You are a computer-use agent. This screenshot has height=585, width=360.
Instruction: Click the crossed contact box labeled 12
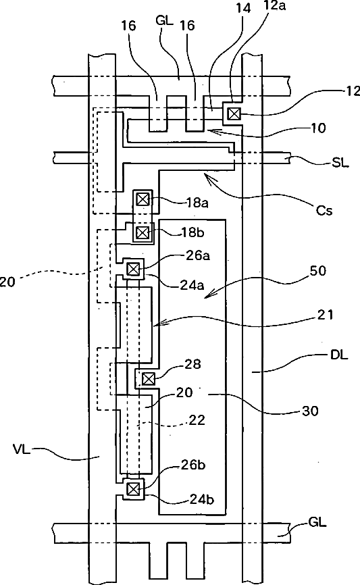(x=234, y=113)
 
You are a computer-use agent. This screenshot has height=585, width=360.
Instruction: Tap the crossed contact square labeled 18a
(x=143, y=199)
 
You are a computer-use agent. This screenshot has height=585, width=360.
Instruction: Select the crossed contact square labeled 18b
(x=142, y=233)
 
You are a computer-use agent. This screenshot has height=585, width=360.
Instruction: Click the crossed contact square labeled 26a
(x=133, y=269)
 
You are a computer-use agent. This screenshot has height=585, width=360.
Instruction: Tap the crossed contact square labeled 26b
(x=133, y=488)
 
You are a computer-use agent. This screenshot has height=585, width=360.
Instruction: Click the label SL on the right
(x=340, y=163)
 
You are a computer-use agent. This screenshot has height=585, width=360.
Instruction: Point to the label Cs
(x=324, y=210)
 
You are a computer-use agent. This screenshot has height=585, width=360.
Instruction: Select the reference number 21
(x=325, y=315)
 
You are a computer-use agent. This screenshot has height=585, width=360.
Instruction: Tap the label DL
(x=339, y=355)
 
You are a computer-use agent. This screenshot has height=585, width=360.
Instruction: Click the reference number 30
(x=309, y=411)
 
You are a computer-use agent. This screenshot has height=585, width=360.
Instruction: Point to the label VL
(x=21, y=449)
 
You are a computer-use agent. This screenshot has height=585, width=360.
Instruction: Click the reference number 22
(x=197, y=420)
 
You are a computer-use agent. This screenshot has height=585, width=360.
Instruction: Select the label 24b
(x=202, y=499)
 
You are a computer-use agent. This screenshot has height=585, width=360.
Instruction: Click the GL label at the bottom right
(x=317, y=522)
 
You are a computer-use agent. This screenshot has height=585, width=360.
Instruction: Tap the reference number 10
(x=318, y=128)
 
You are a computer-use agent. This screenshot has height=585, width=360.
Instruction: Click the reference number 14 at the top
(x=243, y=8)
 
